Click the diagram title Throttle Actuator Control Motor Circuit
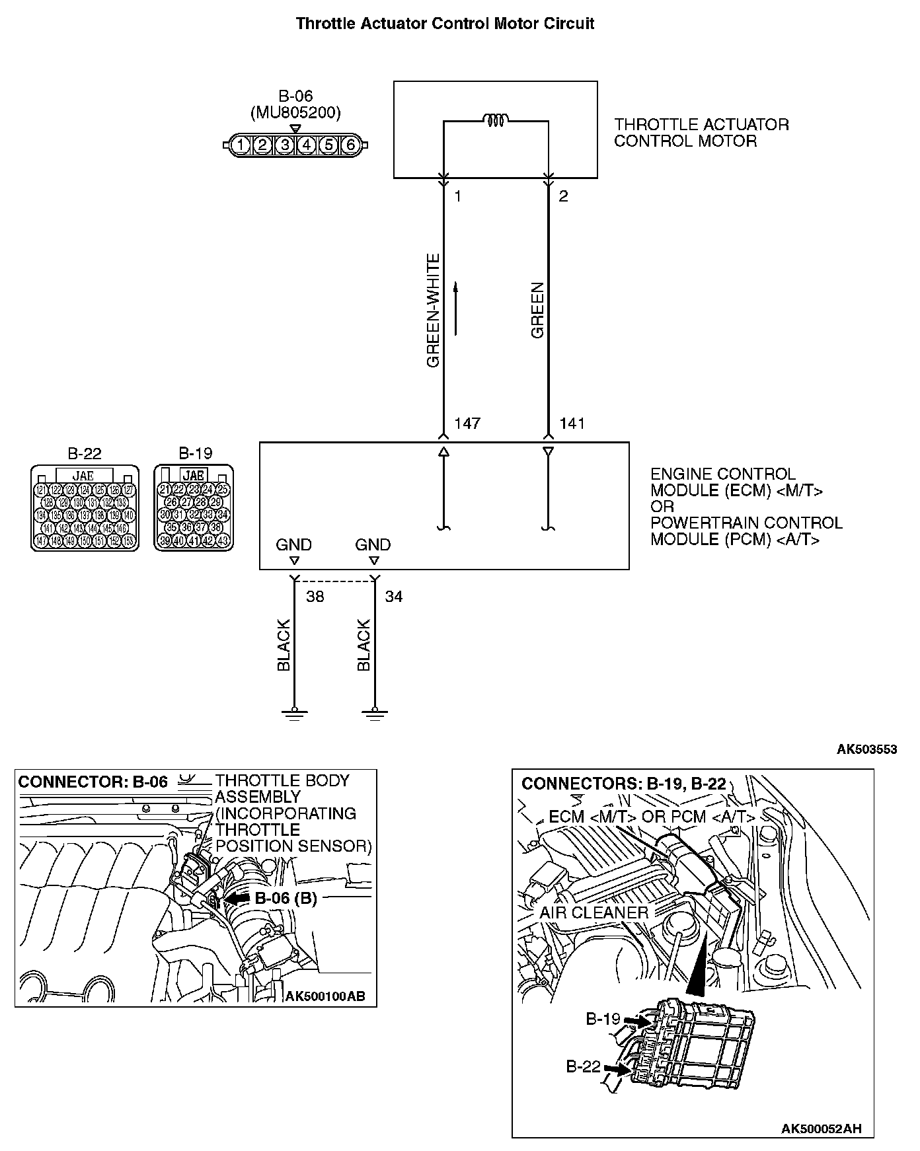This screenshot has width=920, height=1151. click(445, 24)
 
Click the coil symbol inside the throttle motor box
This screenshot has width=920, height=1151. click(495, 120)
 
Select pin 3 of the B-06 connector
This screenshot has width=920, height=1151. click(284, 145)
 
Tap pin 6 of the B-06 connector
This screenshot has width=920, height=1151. click(350, 145)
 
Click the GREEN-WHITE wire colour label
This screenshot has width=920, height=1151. click(433, 311)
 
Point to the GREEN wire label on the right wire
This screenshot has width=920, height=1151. click(537, 311)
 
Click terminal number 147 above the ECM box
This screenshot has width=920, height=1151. click(467, 424)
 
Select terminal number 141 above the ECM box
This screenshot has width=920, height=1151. click(572, 424)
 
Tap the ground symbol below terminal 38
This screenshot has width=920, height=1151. click(294, 714)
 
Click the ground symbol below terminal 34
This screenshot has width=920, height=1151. click(374, 714)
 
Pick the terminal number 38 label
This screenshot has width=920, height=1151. click(315, 597)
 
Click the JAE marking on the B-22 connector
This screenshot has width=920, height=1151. click(83, 475)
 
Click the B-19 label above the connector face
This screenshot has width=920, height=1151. click(195, 453)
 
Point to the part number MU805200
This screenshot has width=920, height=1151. click(295, 113)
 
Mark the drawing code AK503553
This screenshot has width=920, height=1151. click(866, 749)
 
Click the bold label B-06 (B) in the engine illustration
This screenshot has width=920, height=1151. click(286, 898)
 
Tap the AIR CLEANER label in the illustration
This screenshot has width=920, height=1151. click(594, 912)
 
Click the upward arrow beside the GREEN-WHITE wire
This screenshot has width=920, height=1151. click(455, 309)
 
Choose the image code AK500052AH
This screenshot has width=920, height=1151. click(821, 1129)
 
